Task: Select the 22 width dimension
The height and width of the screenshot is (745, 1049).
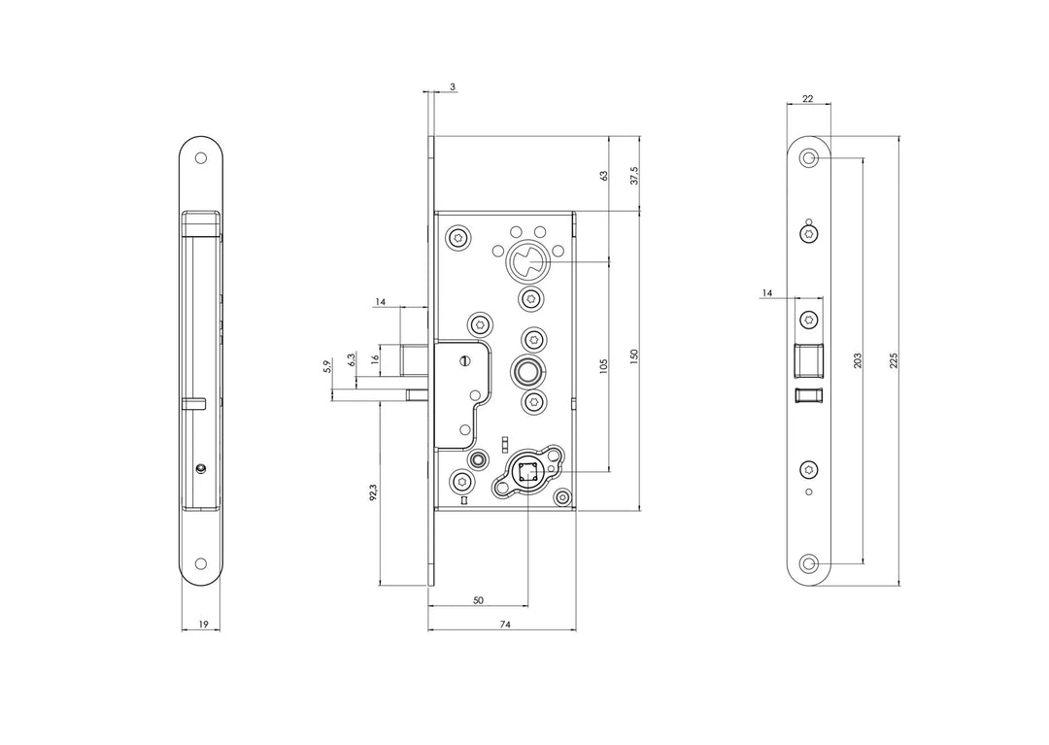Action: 807,99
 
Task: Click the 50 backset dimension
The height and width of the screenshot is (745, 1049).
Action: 478,600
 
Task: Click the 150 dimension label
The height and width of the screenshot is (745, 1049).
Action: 634,357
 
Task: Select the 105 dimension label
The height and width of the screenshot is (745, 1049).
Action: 603,366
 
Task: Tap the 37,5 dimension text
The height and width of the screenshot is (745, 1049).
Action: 634,175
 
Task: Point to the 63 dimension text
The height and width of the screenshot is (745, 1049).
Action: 603,176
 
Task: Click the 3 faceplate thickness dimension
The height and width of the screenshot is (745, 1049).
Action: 454,87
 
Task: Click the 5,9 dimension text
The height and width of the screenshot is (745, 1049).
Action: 326,367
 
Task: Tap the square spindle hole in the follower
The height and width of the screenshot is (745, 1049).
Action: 527,474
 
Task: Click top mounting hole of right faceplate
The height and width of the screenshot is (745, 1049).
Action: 809,157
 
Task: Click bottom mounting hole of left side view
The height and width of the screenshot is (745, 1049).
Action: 201,563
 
